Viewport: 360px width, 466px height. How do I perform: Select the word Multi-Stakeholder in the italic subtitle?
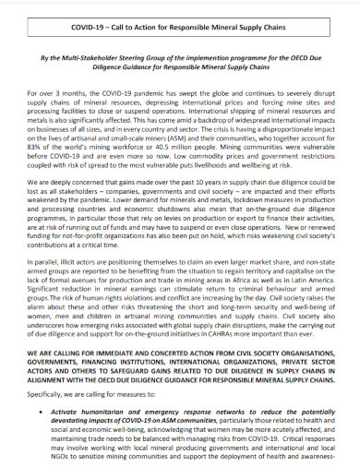click(92, 56)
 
